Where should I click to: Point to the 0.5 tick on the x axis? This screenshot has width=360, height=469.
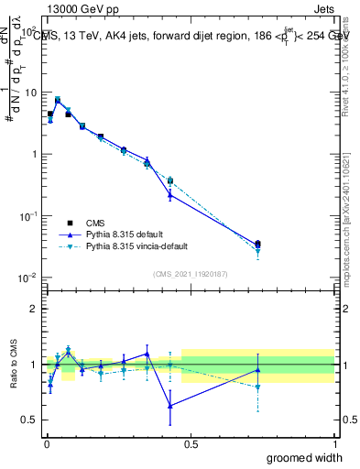click(190, 444)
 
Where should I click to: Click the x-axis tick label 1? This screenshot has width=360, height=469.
click(335, 444)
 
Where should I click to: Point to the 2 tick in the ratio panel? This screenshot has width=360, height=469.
click(34, 309)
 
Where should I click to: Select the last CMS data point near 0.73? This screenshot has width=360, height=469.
click(257, 244)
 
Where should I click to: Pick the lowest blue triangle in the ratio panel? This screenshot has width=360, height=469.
click(170, 406)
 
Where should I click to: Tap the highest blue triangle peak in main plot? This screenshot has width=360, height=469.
click(58, 101)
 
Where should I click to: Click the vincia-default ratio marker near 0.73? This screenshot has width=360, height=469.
click(257, 387)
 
